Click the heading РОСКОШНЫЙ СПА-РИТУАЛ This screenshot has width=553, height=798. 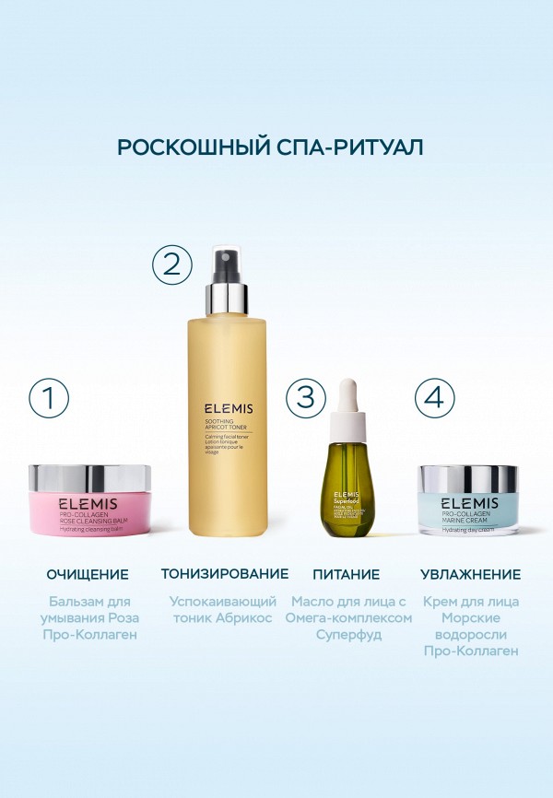(x=276, y=147)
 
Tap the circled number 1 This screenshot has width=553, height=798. (x=49, y=397)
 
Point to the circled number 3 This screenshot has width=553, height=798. (x=306, y=397)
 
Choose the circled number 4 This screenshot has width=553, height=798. (x=434, y=397)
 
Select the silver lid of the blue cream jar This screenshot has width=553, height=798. (x=467, y=478)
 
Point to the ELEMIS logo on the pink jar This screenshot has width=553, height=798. (x=89, y=505)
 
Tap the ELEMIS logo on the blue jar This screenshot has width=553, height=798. (x=468, y=503)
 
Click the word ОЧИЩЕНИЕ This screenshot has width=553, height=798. (x=88, y=574)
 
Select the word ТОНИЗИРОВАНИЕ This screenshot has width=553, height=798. (x=225, y=574)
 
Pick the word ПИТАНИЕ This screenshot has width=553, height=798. (x=346, y=574)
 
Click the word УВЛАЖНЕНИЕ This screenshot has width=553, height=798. (x=470, y=574)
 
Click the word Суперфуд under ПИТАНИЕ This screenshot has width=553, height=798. (x=348, y=635)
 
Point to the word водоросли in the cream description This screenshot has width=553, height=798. (x=471, y=634)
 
